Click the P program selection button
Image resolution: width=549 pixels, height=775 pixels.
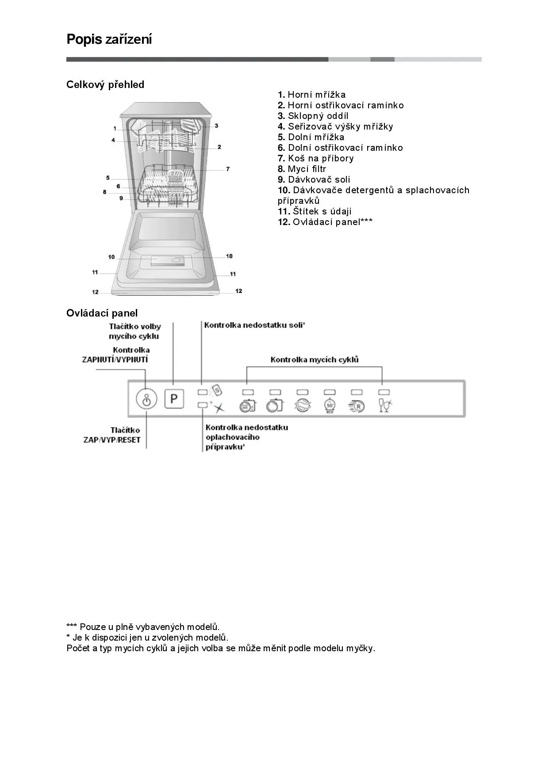tap(174, 399)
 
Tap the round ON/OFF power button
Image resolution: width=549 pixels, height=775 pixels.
tap(146, 400)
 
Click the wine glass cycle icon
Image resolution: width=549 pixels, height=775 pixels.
tap(385, 405)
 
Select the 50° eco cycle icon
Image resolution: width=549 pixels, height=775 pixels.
tap(330, 405)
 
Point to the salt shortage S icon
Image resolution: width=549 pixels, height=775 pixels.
tap(217, 390)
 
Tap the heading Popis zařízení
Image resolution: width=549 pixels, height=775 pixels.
tap(109, 39)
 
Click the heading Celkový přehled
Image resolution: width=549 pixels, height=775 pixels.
tap(105, 84)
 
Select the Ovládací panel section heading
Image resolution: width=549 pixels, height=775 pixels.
tap(102, 313)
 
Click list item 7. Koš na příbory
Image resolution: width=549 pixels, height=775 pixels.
tap(316, 158)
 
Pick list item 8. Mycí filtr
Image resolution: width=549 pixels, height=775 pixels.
tap(302, 169)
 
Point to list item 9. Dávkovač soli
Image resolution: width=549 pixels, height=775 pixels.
tap(314, 179)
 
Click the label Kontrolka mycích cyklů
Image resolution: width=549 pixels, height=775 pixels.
tap(315, 359)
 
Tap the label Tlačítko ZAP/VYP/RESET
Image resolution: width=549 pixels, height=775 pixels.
tap(112, 435)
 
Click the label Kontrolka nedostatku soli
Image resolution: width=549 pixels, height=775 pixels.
tap(254, 325)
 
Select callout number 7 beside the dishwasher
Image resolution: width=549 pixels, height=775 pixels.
tap(228, 169)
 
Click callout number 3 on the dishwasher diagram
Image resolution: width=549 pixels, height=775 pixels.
tap(216, 126)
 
